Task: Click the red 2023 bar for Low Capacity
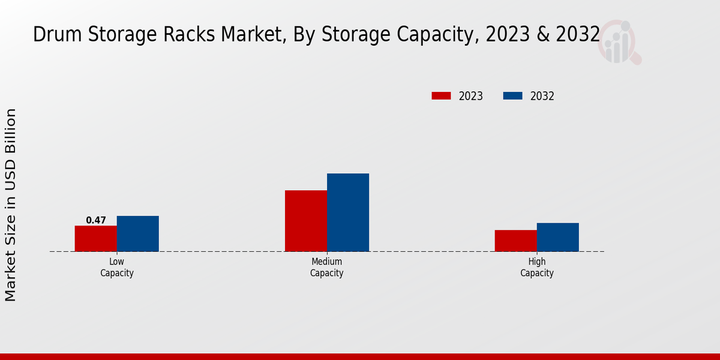pyautogui.click(x=95, y=238)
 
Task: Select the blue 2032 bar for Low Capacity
pyautogui.click(x=137, y=233)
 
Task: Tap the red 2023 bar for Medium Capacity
pyautogui.click(x=305, y=220)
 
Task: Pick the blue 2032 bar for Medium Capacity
pyautogui.click(x=347, y=212)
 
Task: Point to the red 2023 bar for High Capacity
pyautogui.click(x=515, y=240)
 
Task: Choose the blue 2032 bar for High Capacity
pyautogui.click(x=557, y=237)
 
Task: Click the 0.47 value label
pyautogui.click(x=95, y=220)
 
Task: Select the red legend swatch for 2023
pyautogui.click(x=441, y=96)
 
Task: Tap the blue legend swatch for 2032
pyautogui.click(x=512, y=96)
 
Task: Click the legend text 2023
pyautogui.click(x=470, y=96)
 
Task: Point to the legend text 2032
pyautogui.click(x=542, y=96)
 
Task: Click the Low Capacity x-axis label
pyautogui.click(x=116, y=268)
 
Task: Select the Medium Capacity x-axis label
pyautogui.click(x=326, y=268)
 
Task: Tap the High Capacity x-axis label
pyautogui.click(x=536, y=268)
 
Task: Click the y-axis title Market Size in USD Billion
pyautogui.click(x=11, y=205)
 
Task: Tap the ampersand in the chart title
pyautogui.click(x=542, y=35)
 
